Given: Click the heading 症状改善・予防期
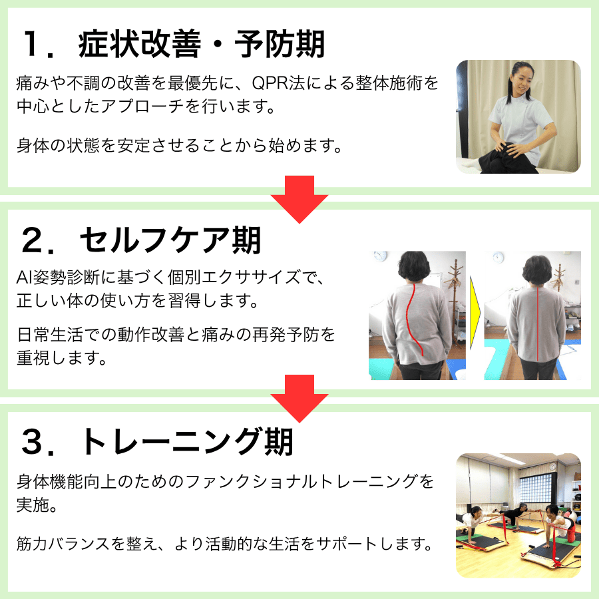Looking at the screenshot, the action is [201, 44].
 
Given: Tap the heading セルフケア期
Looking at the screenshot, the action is [170, 240].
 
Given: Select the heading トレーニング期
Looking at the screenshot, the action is [186, 441].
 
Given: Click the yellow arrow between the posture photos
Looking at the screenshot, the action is [475, 313].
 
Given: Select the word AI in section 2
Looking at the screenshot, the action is [24, 278].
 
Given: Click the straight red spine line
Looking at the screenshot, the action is [538, 323].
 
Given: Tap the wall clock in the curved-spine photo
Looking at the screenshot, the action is [381, 256].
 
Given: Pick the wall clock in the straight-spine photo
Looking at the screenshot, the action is [498, 258].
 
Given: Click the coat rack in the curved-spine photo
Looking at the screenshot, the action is [455, 298].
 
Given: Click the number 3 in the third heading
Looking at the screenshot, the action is [32, 442].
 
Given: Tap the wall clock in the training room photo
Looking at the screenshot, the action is [554, 467].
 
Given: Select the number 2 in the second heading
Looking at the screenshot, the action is [32, 240].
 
